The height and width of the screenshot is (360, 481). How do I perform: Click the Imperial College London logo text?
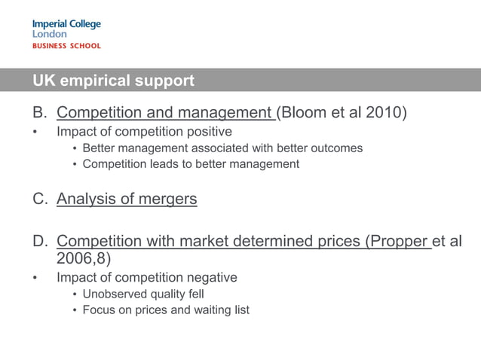[66, 29]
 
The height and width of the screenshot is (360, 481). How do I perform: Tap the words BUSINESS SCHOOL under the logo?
[66, 46]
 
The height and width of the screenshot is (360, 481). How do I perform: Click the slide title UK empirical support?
[113, 80]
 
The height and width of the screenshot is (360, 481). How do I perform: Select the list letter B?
[39, 113]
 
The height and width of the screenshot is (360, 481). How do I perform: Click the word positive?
[206, 132]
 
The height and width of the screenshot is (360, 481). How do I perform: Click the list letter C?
[39, 200]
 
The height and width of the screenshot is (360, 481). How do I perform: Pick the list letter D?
[39, 241]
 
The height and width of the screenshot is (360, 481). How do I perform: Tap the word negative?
[209, 278]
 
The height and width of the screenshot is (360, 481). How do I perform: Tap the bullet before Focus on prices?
[75, 310]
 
